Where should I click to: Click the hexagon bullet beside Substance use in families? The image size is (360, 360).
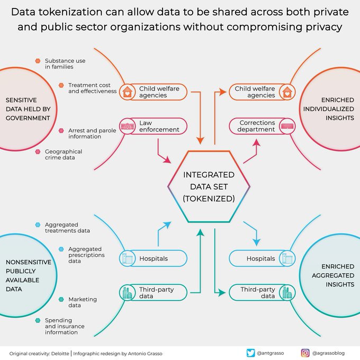(x=38, y=61)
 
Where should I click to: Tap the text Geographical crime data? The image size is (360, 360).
(x=63, y=155)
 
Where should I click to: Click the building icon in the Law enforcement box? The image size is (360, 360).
(x=127, y=126)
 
